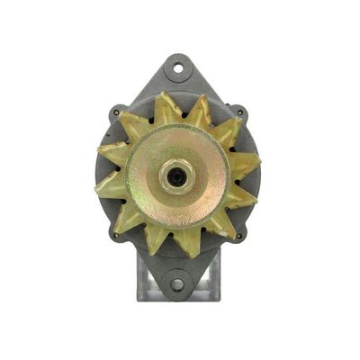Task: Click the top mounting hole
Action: (x=179, y=66)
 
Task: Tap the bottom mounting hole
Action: (x=177, y=284)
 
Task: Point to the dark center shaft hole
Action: (x=176, y=173)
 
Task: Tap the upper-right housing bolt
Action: (x=239, y=113)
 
